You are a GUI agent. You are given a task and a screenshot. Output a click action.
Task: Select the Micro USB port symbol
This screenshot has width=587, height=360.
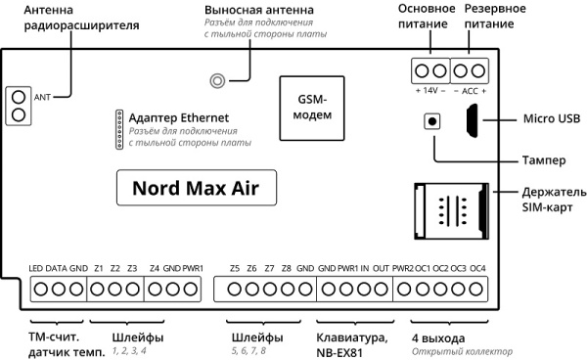(x=472, y=121)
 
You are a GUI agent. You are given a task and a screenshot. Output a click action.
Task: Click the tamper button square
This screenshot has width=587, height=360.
(x=431, y=121)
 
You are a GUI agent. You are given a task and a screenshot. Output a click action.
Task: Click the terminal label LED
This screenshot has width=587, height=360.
(x=36, y=268)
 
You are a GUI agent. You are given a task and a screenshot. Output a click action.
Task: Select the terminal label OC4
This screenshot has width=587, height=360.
(x=477, y=268)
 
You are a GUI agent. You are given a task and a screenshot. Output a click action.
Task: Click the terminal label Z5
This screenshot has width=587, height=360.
(x=234, y=268)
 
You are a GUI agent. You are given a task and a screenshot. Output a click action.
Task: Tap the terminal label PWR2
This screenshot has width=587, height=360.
(x=402, y=268)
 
